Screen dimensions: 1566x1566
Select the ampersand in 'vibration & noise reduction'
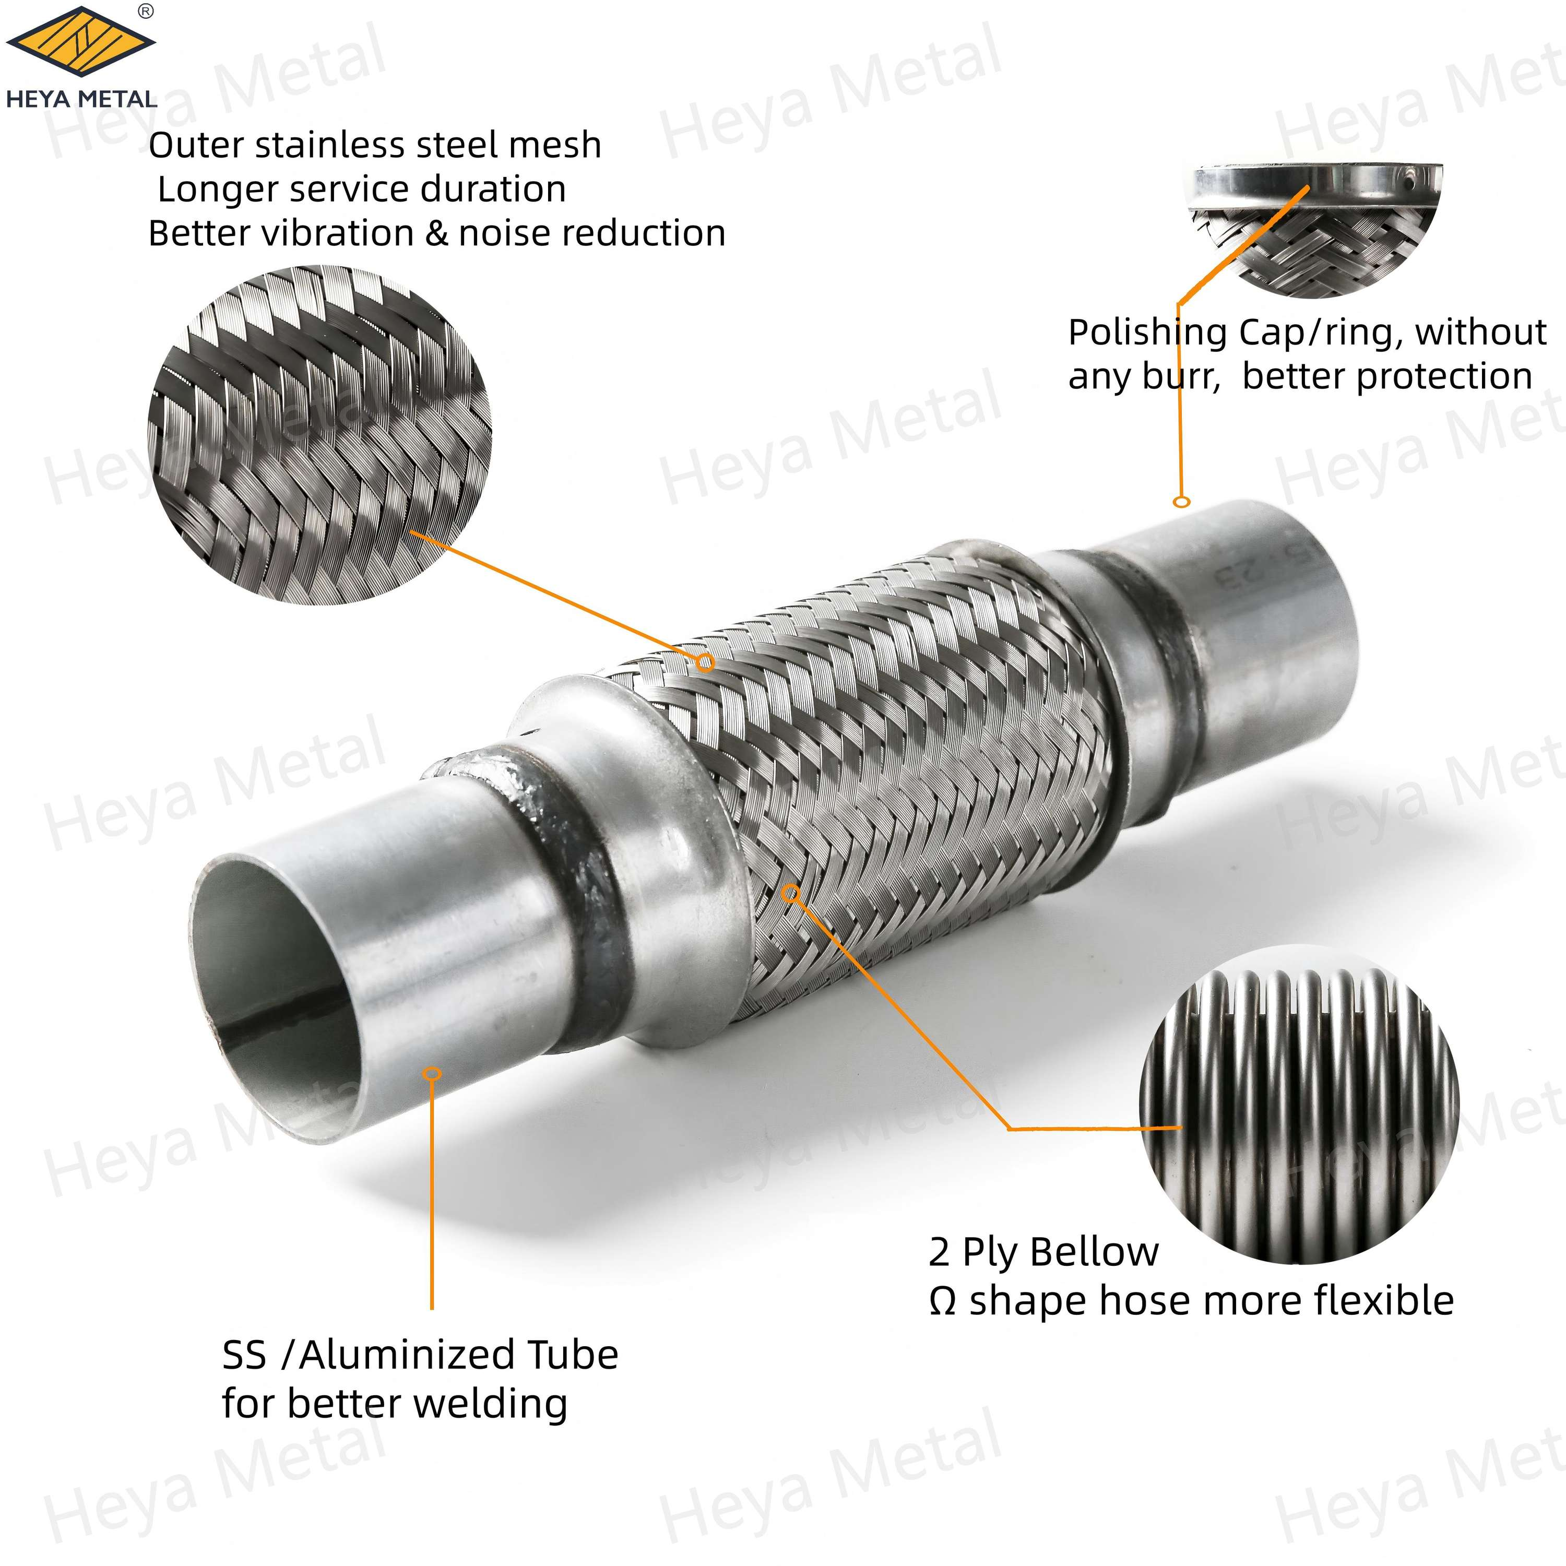(x=437, y=233)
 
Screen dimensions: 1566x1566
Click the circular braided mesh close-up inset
(x=319, y=435)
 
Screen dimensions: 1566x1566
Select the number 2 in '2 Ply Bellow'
(x=939, y=1252)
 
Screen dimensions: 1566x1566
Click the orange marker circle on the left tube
(x=433, y=1073)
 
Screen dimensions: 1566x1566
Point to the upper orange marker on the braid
(x=706, y=663)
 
